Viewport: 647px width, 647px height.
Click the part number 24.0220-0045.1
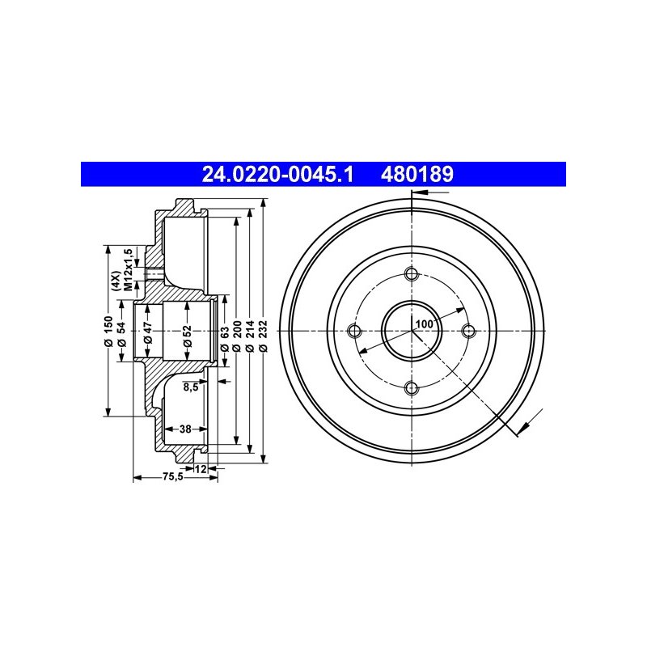coord(277,174)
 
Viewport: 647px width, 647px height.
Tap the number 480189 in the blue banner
coord(417,174)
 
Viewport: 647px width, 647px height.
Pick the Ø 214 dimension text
coord(249,336)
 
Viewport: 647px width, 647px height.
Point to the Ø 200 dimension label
coord(237,336)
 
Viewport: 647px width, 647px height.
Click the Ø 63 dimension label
coord(225,339)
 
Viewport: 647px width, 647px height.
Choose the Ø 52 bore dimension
coord(188,336)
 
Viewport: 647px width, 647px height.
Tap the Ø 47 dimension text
coord(148,333)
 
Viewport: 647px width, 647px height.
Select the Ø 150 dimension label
coord(108,331)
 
